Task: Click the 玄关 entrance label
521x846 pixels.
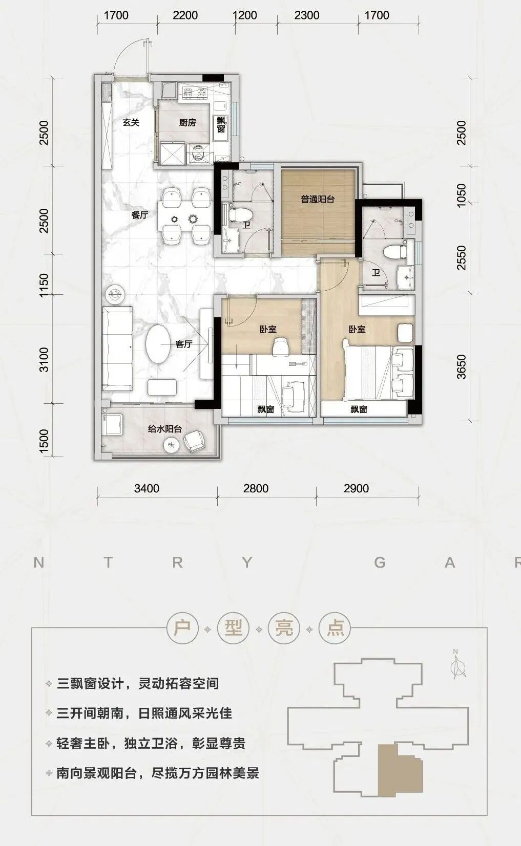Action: click(131, 122)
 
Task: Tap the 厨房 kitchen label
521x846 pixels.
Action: click(187, 122)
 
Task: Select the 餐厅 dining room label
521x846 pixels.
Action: click(139, 215)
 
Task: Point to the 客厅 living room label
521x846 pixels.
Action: click(184, 344)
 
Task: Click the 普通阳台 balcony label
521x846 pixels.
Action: click(318, 199)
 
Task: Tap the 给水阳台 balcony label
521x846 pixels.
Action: click(165, 429)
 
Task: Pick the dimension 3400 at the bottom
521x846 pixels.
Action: click(147, 488)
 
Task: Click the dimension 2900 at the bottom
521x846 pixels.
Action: click(356, 488)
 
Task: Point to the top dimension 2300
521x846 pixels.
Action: click(307, 15)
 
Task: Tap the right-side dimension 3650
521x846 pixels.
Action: click(462, 367)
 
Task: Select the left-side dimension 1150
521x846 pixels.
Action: click(44, 285)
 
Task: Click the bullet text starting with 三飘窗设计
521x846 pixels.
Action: click(138, 684)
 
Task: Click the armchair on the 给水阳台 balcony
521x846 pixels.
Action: click(195, 441)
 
